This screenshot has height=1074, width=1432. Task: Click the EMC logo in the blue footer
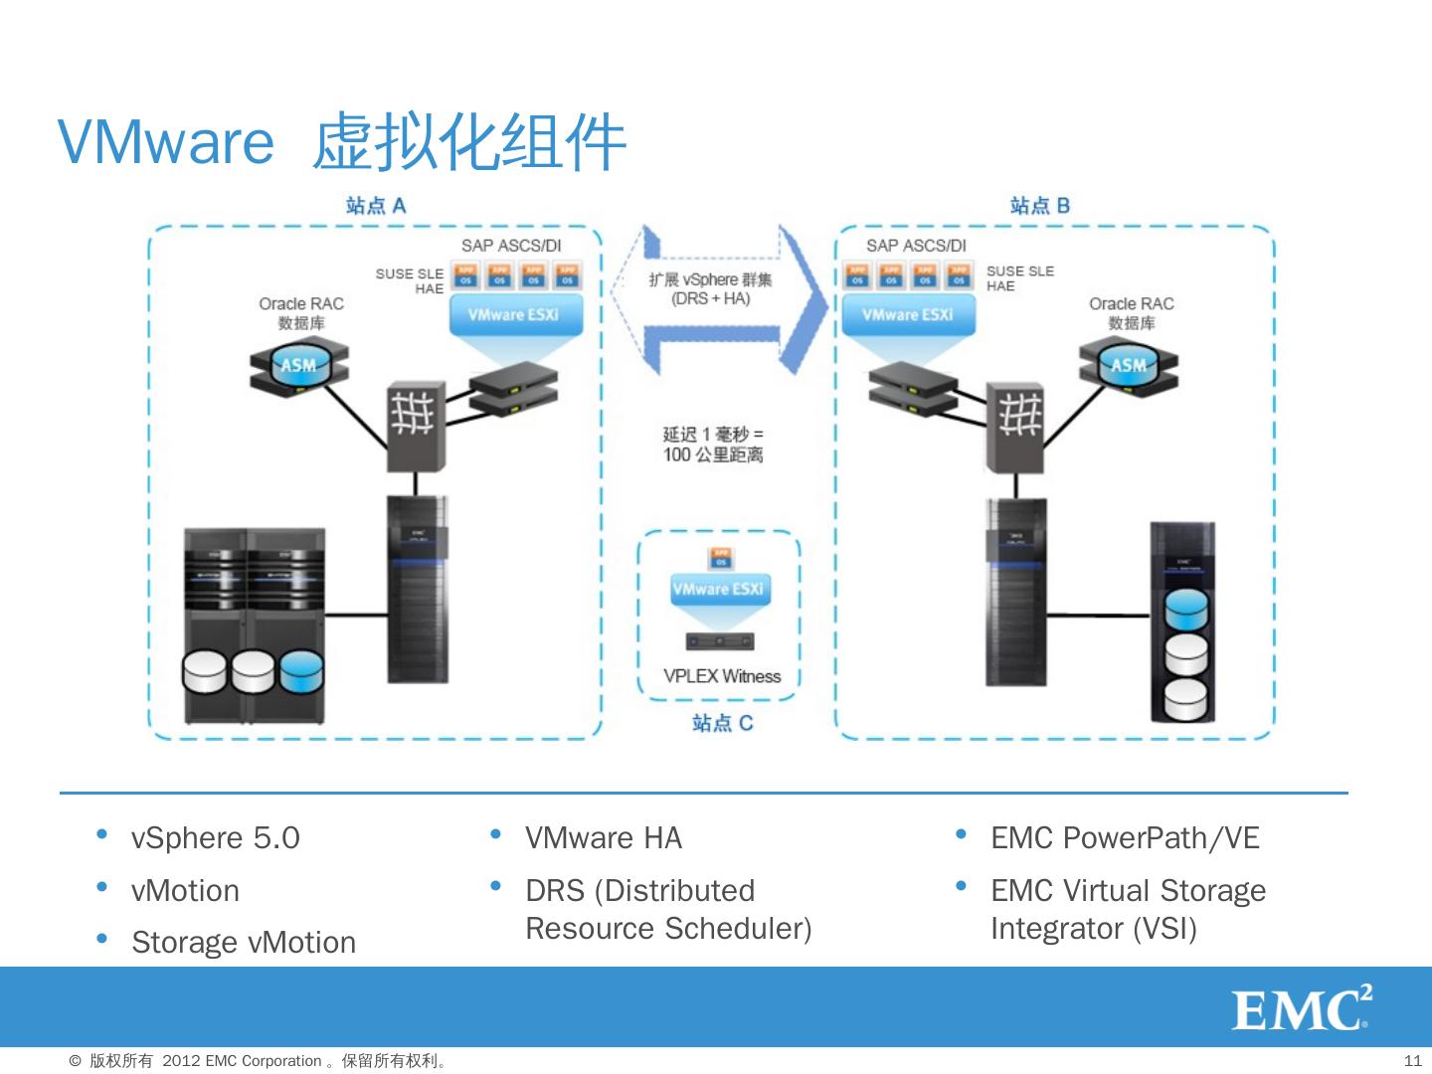tap(1301, 1009)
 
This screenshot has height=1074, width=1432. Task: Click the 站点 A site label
tap(376, 206)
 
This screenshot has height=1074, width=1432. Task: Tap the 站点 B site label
tap(1039, 206)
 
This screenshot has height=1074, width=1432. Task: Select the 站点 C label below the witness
tap(722, 723)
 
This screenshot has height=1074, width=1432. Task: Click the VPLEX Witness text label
tap(722, 676)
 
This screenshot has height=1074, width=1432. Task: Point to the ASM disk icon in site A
tap(299, 365)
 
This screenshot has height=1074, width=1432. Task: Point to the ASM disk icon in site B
tap(1129, 365)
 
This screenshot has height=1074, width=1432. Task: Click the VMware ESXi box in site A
tap(512, 315)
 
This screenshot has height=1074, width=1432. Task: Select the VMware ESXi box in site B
tap(907, 315)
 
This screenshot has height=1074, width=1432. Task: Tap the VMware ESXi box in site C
tap(718, 590)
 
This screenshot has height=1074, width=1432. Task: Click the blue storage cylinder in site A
tap(302, 672)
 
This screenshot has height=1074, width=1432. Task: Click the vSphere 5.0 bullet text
tap(215, 838)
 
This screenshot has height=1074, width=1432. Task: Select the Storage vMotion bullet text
tap(244, 942)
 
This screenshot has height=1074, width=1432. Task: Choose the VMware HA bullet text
tap(604, 838)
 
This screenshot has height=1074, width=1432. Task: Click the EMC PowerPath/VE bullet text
tap(1125, 838)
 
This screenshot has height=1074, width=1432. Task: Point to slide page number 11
tap(1412, 1060)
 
